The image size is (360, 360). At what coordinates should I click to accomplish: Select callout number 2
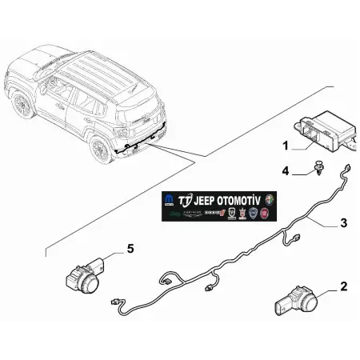344,286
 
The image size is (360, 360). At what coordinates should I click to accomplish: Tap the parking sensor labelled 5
85,277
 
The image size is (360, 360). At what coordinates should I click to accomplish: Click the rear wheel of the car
100,149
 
